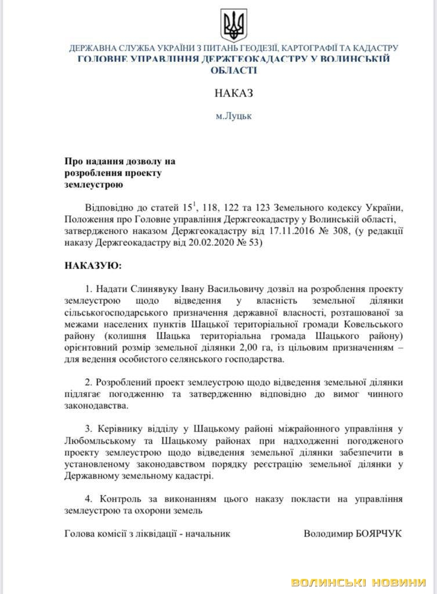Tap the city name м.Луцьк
coord(234,115)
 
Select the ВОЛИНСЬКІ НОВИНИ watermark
coord(359,582)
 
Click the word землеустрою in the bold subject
coord(93,185)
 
